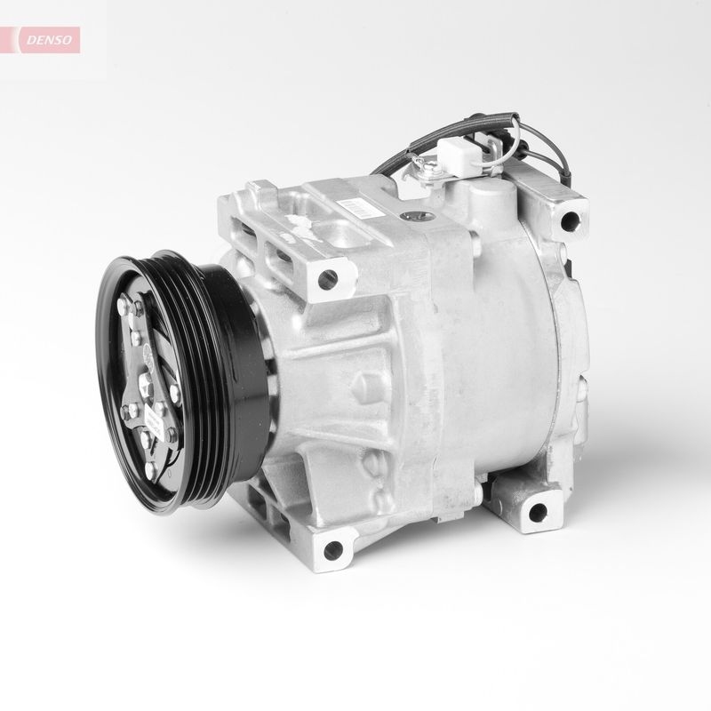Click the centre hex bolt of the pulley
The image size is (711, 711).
pyautogui.click(x=148, y=385)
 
